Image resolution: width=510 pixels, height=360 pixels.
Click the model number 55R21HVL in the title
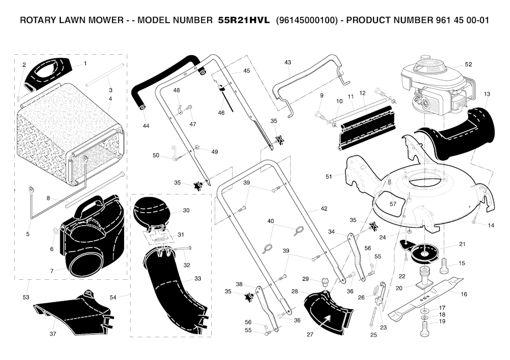click(x=244, y=20)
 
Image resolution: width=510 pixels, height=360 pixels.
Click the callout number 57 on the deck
click(x=392, y=204)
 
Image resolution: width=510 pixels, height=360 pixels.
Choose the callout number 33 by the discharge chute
click(x=197, y=278)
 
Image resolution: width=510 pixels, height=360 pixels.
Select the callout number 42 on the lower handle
click(x=324, y=209)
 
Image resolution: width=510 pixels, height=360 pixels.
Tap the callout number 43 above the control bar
click(x=288, y=62)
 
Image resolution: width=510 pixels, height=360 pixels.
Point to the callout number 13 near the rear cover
click(x=487, y=94)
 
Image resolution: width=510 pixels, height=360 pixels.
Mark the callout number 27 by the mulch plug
click(x=310, y=334)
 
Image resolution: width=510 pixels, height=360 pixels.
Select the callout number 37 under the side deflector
click(x=53, y=334)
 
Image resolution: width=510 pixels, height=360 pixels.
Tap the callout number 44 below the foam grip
click(x=146, y=125)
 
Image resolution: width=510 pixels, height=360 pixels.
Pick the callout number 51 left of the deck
click(x=329, y=177)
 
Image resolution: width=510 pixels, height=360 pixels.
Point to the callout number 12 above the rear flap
click(x=363, y=93)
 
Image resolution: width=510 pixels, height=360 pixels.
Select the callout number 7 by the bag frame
click(x=52, y=271)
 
